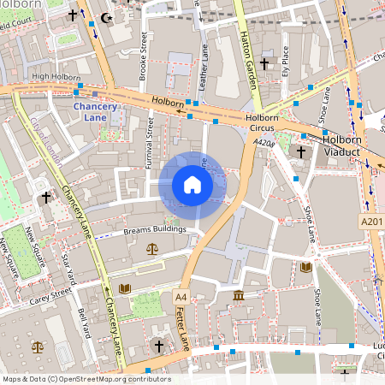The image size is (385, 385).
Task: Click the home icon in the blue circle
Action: [192, 185]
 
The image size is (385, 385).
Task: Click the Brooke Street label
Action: [144, 59]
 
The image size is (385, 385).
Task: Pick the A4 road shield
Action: [180, 297]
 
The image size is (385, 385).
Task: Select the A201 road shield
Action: [370, 221]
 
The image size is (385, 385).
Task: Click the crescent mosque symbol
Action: [107, 16]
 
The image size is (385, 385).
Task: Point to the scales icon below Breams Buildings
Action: [152, 249]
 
